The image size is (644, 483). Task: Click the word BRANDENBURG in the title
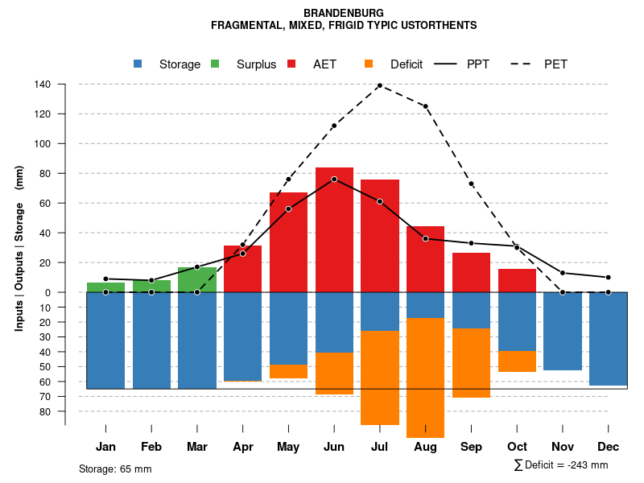tap(344, 13)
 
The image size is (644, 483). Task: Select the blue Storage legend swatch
tap(138, 64)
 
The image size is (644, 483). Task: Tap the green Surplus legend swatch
tap(215, 64)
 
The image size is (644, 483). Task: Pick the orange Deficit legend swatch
tap(369, 64)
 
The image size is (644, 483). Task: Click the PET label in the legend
tap(555, 64)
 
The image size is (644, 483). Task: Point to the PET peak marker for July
tap(379, 85)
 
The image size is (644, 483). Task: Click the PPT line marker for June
tap(334, 179)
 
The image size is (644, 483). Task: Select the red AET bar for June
tap(334, 229)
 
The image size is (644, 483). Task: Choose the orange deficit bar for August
tap(425, 378)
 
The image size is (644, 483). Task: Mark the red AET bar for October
tap(517, 280)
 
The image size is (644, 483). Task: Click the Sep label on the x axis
tap(471, 447)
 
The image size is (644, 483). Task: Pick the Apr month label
tap(243, 447)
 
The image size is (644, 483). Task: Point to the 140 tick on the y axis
tap(43, 85)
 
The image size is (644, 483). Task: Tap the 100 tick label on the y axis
tap(43, 144)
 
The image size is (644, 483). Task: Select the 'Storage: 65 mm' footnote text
tap(115, 469)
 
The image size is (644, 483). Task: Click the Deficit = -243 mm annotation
tap(561, 464)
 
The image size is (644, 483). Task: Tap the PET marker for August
tap(425, 106)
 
